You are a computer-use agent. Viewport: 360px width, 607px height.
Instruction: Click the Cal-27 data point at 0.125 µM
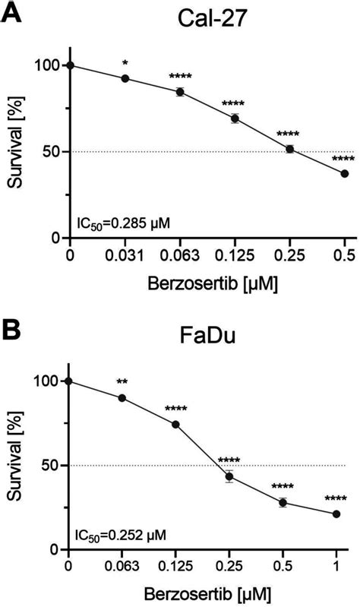pyautogui.click(x=235, y=119)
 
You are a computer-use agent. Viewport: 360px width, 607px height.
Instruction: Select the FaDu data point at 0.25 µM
pyautogui.click(x=229, y=477)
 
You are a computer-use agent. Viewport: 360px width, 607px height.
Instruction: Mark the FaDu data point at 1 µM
pyautogui.click(x=336, y=514)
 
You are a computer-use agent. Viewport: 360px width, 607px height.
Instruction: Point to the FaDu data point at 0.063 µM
pyautogui.click(x=122, y=398)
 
